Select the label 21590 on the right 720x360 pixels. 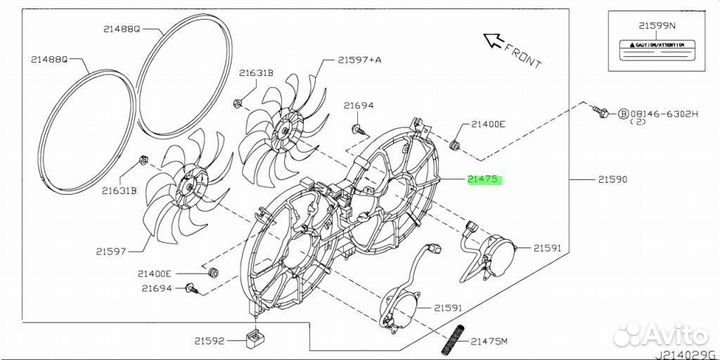pyautogui.click(x=613, y=180)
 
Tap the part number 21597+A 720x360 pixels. pyautogui.click(x=360, y=59)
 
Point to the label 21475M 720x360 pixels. pyautogui.click(x=489, y=341)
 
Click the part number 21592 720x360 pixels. pyautogui.click(x=209, y=341)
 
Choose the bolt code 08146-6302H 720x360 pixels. pyautogui.click(x=664, y=113)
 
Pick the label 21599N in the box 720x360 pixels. pyautogui.click(x=657, y=26)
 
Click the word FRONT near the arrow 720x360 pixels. pyautogui.click(x=523, y=55)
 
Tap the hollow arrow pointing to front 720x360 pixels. pyautogui.click(x=493, y=41)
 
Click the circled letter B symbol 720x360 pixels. pyautogui.click(x=623, y=113)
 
